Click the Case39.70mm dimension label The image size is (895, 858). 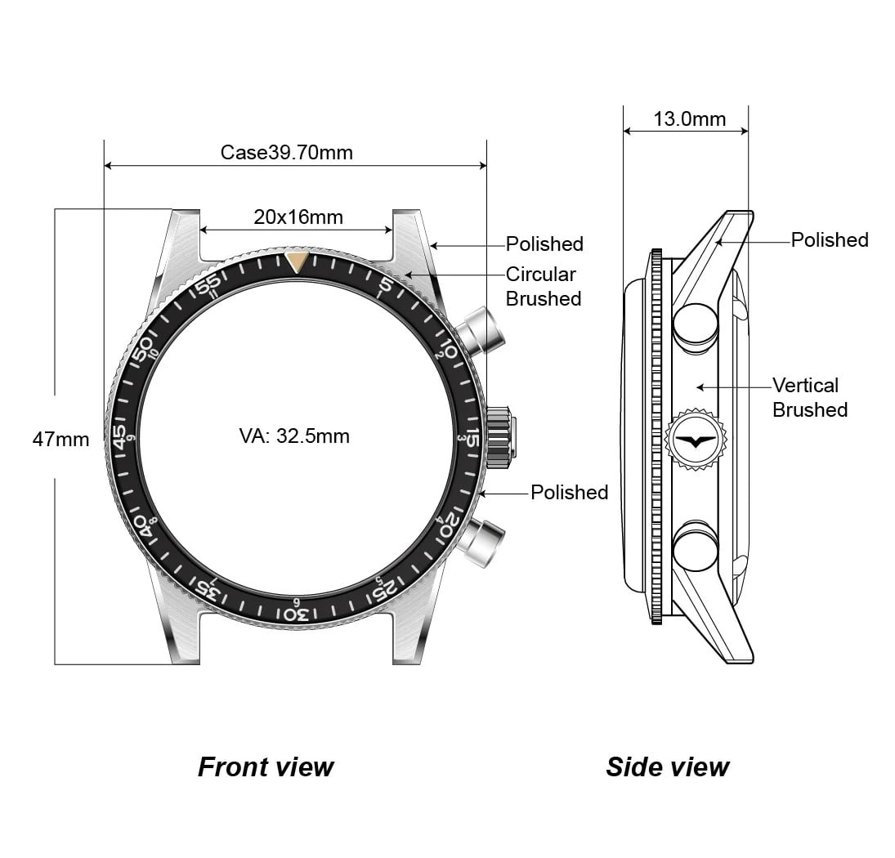click(286, 153)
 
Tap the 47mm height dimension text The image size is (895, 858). click(60, 439)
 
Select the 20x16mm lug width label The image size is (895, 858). click(298, 217)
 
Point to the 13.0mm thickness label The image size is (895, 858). click(689, 119)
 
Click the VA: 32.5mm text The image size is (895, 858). click(294, 436)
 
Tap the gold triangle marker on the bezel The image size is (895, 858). click(298, 261)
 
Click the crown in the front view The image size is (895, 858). click(501, 437)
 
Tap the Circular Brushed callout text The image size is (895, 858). click(543, 287)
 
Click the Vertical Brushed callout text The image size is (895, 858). click(809, 397)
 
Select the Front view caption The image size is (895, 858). click(266, 767)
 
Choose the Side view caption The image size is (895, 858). click(667, 767)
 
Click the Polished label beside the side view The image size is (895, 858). click(829, 240)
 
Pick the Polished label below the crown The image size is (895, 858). click(569, 492)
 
